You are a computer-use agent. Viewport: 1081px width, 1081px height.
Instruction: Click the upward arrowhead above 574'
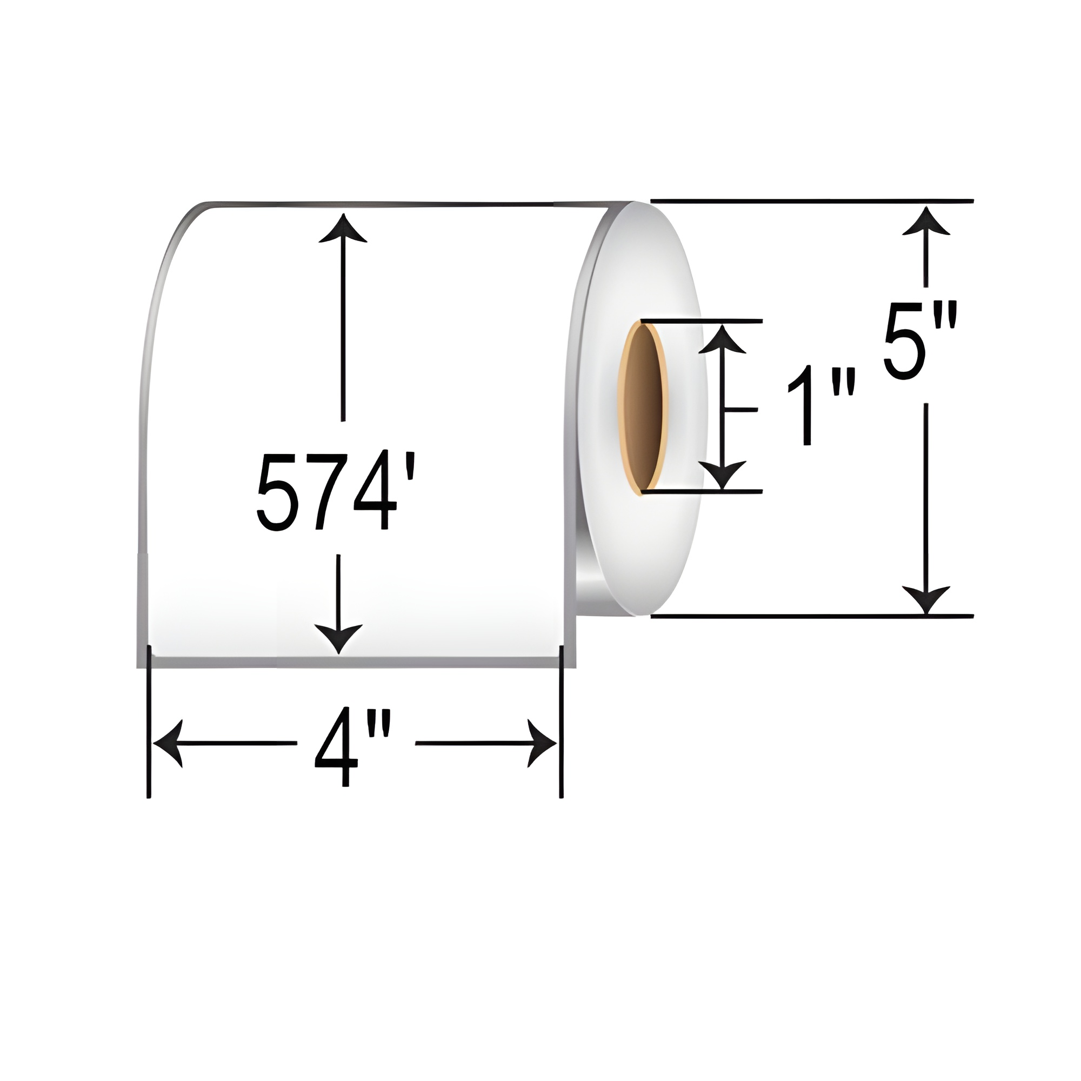tap(343, 226)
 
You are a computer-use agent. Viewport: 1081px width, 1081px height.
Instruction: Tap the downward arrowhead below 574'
tap(338, 638)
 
